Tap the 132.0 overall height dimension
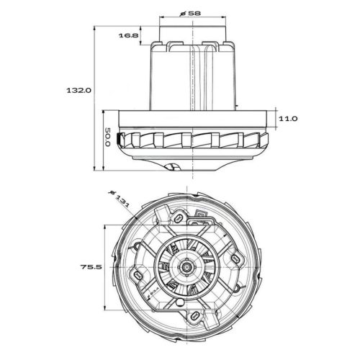point(79,91)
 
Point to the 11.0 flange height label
point(288,117)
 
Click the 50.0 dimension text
point(106,139)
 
